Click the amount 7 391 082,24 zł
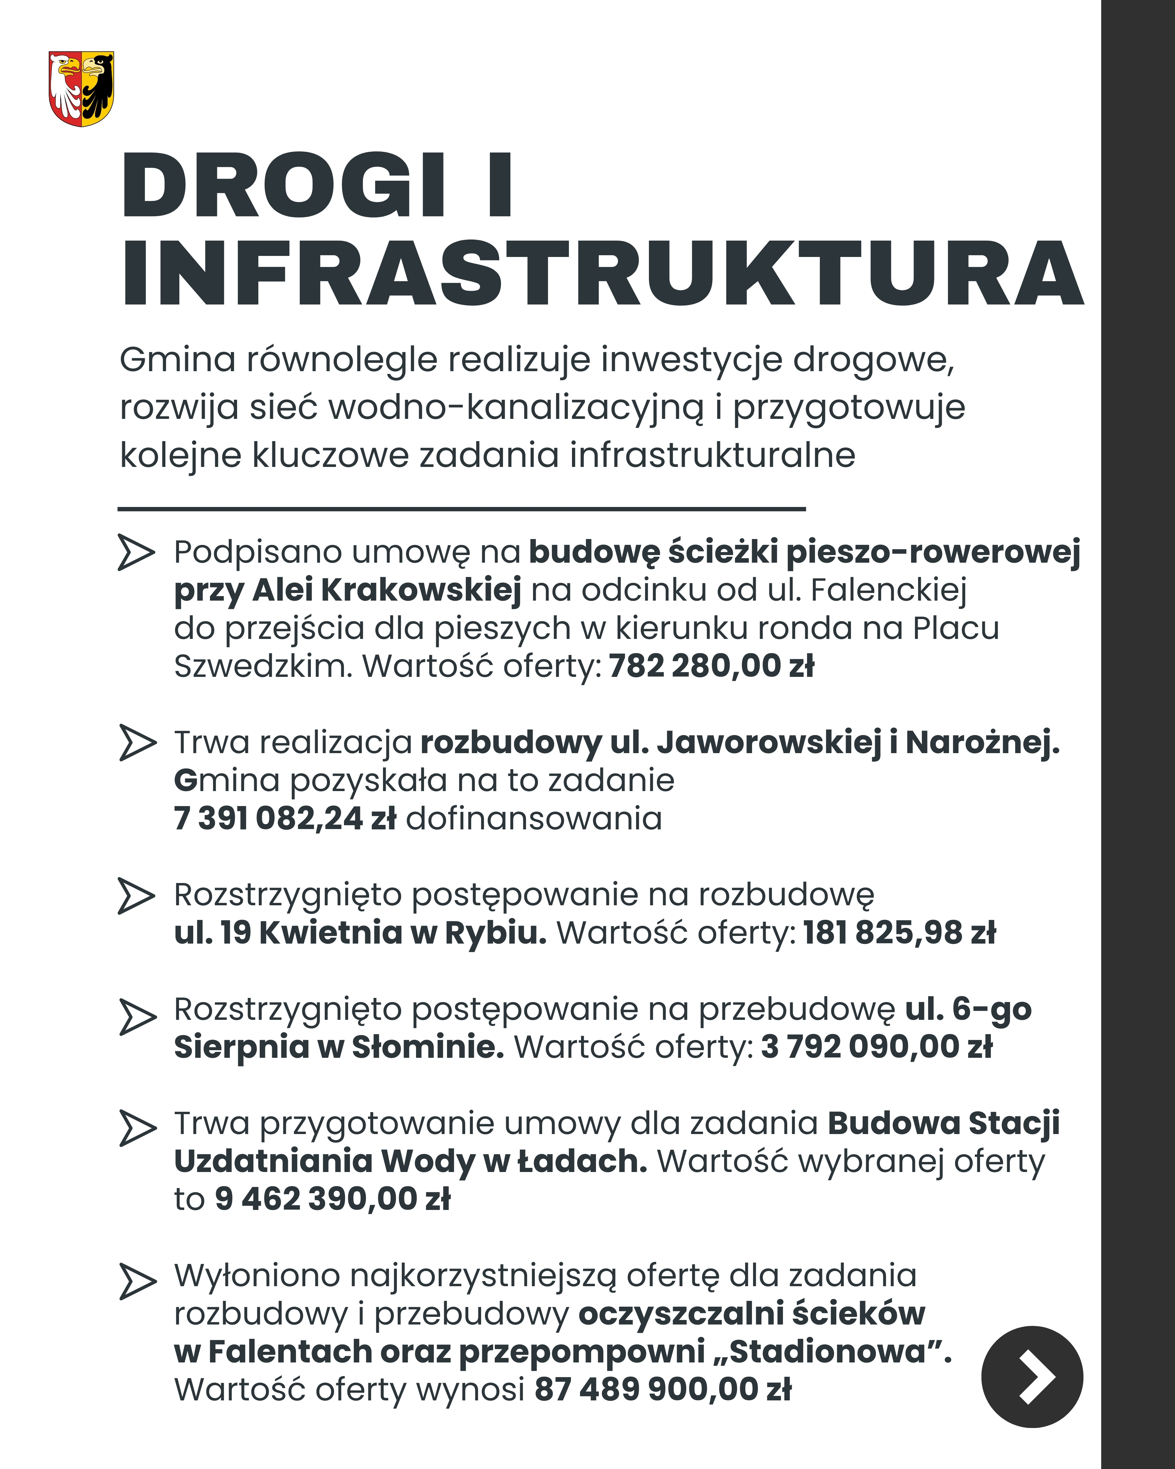[x=285, y=818]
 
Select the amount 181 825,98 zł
[x=899, y=933]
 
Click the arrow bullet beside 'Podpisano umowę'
[x=136, y=552]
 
